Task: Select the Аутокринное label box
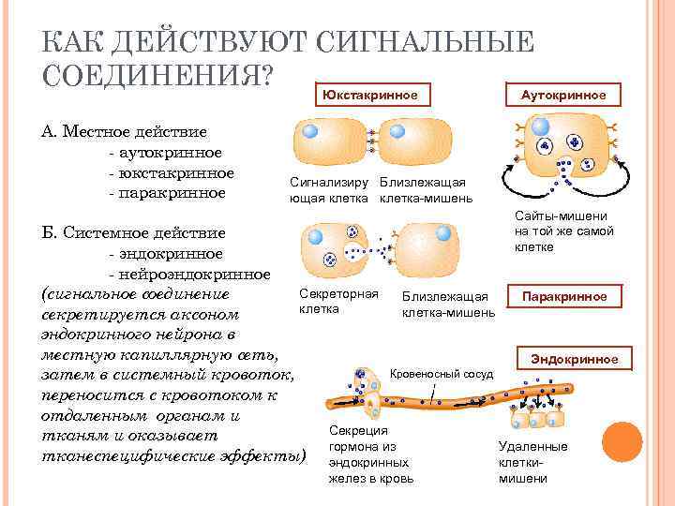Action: (562, 94)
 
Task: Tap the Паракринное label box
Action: (563, 296)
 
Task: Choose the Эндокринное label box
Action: (575, 358)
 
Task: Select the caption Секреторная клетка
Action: (337, 301)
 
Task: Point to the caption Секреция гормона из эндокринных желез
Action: (369, 454)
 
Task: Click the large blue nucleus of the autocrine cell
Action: (541, 126)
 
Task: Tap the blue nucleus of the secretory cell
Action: (315, 236)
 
